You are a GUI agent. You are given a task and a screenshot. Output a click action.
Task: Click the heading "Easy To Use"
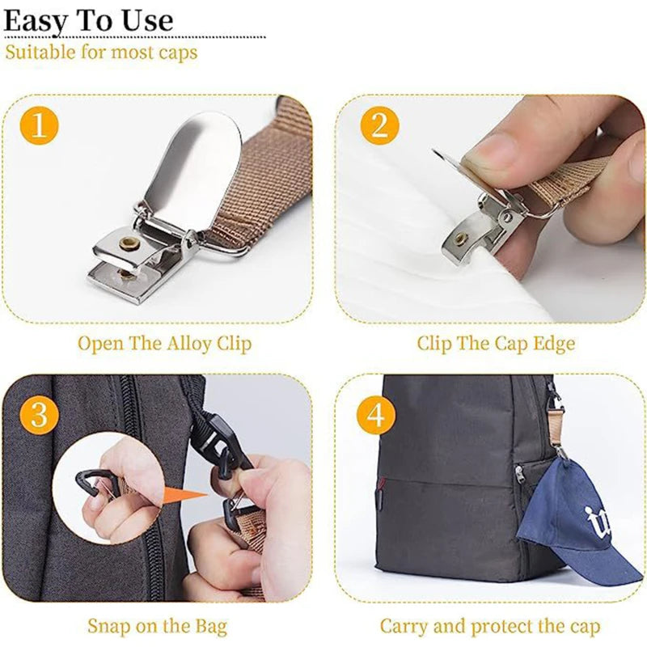pos(88,19)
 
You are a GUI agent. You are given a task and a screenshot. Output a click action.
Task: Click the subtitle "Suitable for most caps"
pos(101,53)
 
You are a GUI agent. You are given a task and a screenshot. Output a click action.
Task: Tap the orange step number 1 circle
pos(38,127)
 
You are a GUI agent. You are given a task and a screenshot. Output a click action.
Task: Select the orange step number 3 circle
pos(38,414)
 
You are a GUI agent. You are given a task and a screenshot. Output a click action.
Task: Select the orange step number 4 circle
pos(375,416)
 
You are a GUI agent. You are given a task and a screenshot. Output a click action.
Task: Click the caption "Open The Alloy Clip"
pos(164,343)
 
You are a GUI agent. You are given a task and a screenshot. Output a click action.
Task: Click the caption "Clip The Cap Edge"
pos(496,343)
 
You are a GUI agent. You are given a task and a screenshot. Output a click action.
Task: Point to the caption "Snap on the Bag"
pos(157,626)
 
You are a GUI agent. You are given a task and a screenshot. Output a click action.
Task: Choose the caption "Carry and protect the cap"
pos(490,626)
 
